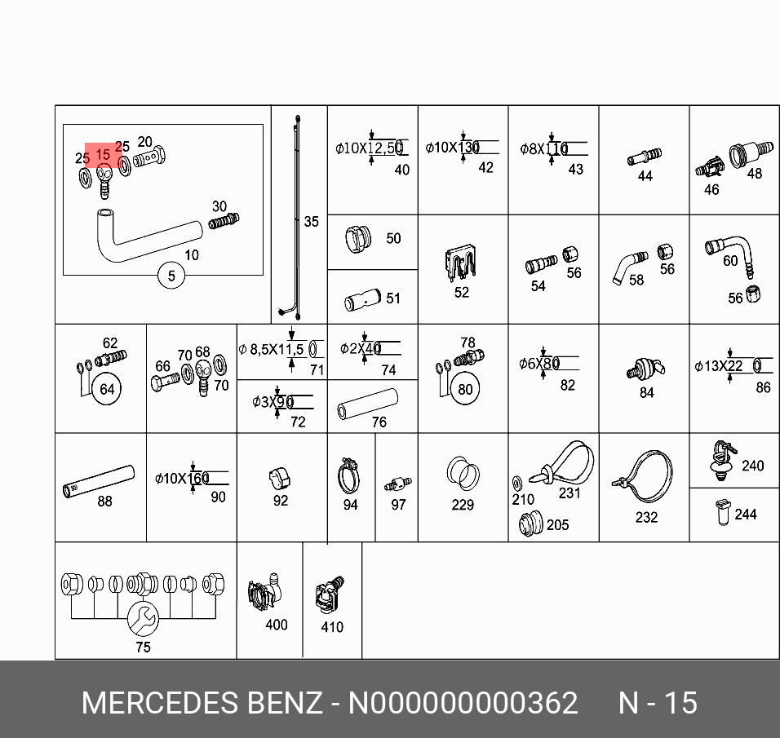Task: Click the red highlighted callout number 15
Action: coord(103,154)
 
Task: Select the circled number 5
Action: coord(171,276)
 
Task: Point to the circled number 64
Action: coord(107,389)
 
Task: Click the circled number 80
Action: coord(465,389)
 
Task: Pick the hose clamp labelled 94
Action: coord(348,473)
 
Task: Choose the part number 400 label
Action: coord(277,625)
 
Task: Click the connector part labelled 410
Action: coord(329,596)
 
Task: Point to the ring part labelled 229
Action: coord(462,473)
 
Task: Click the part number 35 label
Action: coord(311,222)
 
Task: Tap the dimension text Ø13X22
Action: coord(718,366)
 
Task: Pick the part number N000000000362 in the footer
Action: coord(463,703)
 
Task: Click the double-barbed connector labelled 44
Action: coord(645,155)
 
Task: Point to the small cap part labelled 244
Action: coord(721,511)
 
